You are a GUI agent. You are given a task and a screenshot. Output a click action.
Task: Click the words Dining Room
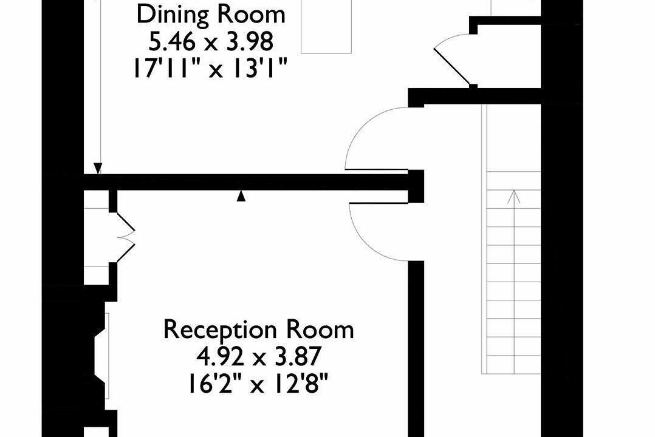click(x=211, y=15)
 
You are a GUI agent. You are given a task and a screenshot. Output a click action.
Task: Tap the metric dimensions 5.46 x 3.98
click(x=211, y=41)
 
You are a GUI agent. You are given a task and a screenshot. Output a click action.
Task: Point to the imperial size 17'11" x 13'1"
click(x=210, y=68)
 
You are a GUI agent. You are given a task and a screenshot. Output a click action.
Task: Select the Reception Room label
click(x=259, y=330)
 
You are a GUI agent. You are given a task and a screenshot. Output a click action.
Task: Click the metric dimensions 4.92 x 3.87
click(x=259, y=357)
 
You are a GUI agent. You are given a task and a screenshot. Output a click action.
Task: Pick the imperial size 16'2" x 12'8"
click(x=258, y=384)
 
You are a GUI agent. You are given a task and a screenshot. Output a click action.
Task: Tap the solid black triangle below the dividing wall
click(x=241, y=196)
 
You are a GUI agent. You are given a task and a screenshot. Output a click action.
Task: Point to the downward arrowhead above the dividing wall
click(x=98, y=168)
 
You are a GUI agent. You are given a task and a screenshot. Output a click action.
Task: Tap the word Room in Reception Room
click(x=320, y=330)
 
